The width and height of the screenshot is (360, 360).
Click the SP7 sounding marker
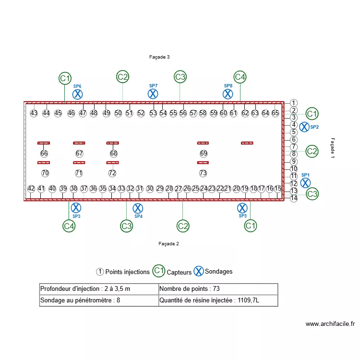(153, 94)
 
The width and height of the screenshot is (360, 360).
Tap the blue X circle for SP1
(305, 182)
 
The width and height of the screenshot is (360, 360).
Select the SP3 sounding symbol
(75, 208)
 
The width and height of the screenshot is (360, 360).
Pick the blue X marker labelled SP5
(242, 208)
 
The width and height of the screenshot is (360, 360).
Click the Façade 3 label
(159, 57)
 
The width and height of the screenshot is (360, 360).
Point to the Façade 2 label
(168, 244)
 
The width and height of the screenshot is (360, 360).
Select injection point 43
(34, 113)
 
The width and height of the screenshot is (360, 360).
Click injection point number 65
(275, 113)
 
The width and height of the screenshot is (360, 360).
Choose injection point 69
(204, 154)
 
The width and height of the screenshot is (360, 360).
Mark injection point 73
(203, 173)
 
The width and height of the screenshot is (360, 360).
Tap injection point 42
(31, 189)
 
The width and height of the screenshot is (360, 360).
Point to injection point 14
(294, 198)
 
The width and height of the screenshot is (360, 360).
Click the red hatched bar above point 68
(113, 143)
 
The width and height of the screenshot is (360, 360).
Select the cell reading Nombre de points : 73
(218, 289)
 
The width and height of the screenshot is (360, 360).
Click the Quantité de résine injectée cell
(218, 301)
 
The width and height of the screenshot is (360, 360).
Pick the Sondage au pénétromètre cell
(99, 301)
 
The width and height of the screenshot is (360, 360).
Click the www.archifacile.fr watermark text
(330, 324)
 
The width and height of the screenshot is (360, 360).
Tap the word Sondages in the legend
(218, 272)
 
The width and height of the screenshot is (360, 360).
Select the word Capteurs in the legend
(179, 272)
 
